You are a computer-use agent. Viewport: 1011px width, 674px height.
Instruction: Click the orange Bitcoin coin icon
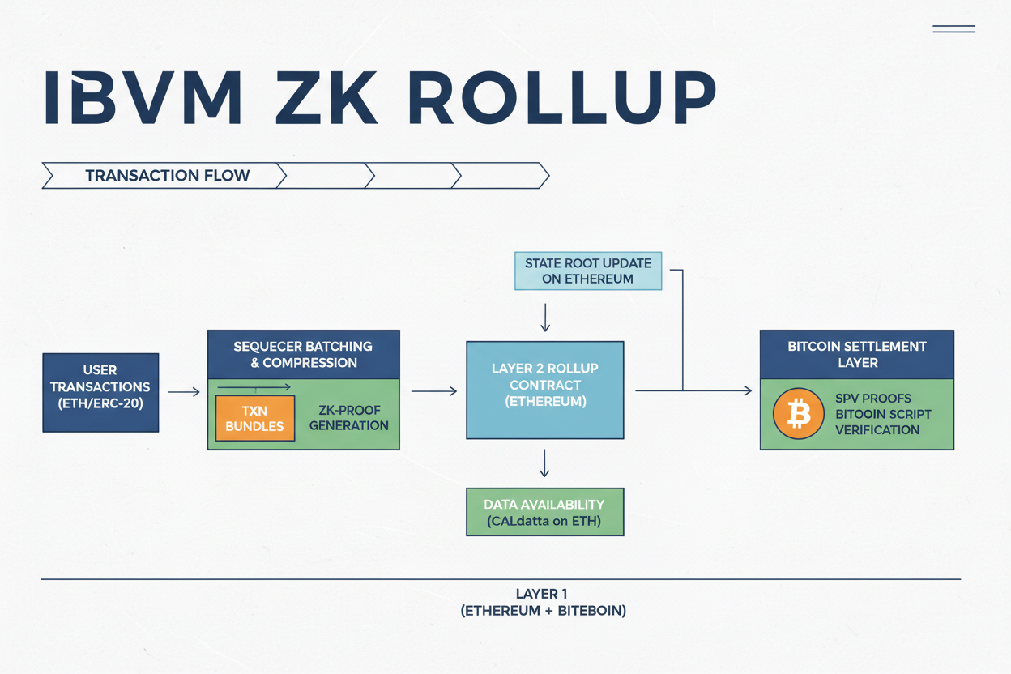tap(798, 414)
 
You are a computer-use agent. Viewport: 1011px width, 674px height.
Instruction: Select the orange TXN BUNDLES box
tap(254, 418)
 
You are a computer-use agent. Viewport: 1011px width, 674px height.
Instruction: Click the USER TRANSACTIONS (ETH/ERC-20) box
tap(100, 392)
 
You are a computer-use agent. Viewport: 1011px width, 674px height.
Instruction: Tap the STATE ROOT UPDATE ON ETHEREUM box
tap(588, 271)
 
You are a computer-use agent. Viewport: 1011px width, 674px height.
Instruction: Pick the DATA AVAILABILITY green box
tap(544, 512)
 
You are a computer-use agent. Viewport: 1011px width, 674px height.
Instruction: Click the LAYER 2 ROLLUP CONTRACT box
tap(544, 390)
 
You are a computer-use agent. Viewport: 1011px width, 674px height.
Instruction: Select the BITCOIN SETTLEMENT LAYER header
tap(856, 354)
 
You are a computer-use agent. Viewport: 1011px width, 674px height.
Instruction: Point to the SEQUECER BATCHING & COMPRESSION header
tap(303, 354)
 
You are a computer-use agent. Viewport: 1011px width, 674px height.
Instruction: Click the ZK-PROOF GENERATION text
tap(348, 418)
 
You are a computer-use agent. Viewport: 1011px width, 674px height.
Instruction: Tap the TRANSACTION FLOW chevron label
tap(167, 176)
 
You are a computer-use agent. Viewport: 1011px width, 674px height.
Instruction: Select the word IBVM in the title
tap(143, 99)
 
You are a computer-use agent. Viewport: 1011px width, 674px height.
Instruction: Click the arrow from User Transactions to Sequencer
tap(183, 392)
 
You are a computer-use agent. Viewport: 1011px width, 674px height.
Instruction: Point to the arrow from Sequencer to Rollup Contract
tap(434, 391)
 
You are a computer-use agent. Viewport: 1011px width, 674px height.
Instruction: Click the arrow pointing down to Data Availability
tap(544, 463)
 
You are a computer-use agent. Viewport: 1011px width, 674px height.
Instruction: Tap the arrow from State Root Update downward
tap(545, 317)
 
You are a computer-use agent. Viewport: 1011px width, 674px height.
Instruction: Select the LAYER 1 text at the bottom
tap(542, 594)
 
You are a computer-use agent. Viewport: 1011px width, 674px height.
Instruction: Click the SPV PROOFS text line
tap(872, 399)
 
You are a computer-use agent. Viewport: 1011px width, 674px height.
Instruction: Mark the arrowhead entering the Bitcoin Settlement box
tap(748, 390)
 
